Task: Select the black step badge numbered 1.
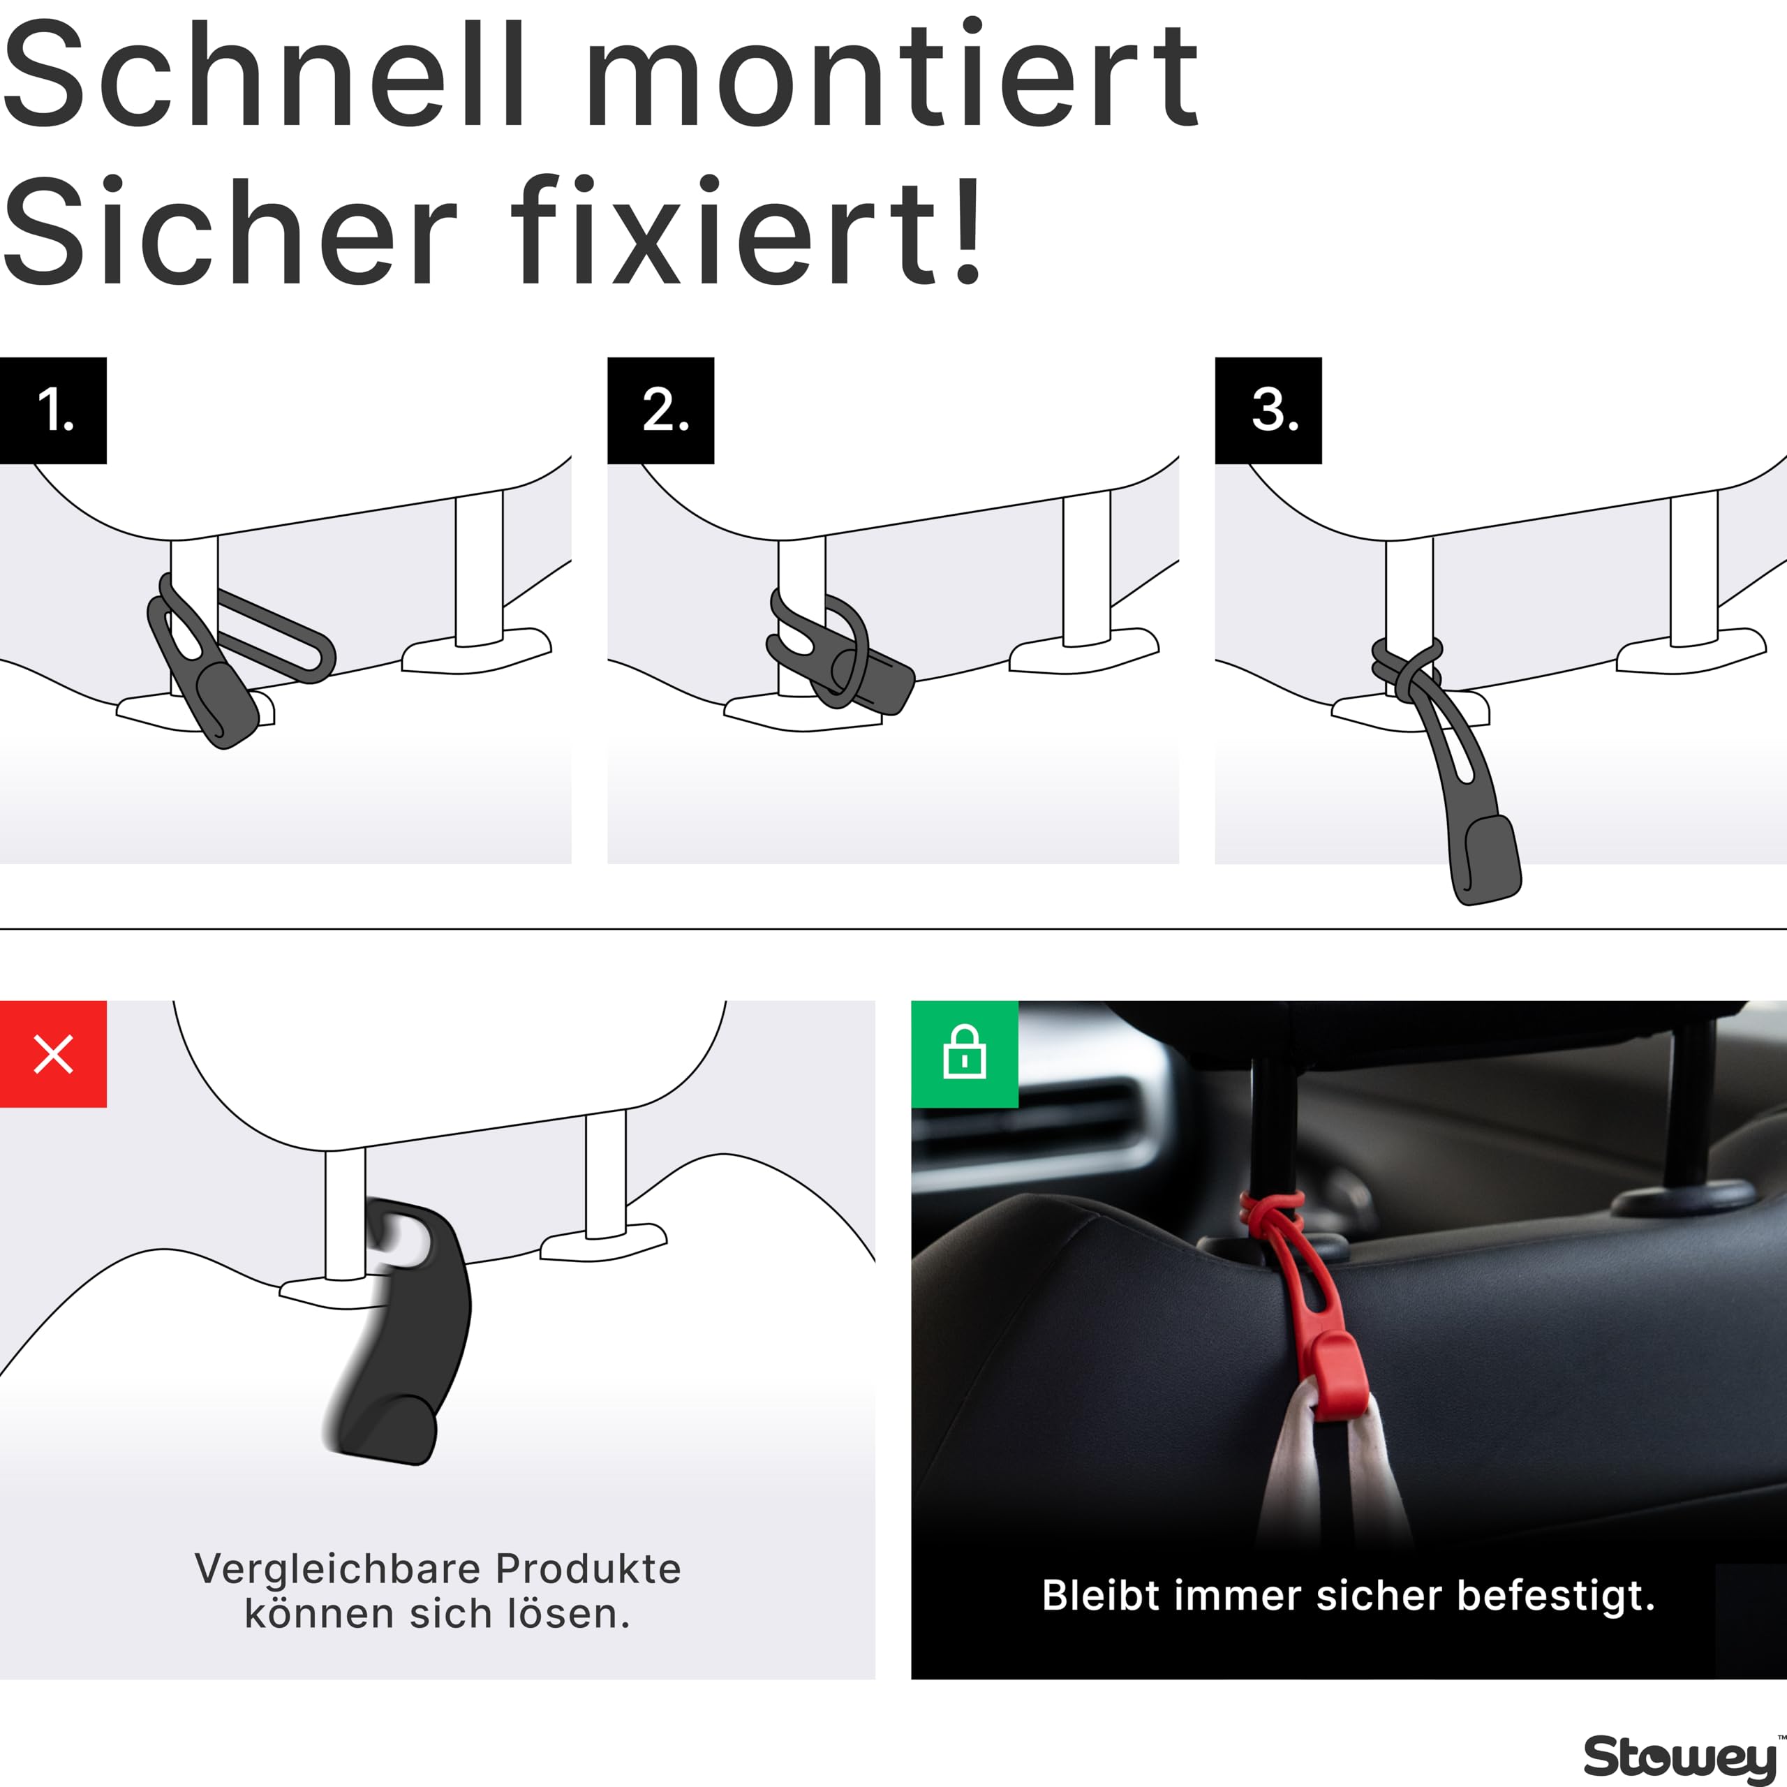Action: tap(53, 410)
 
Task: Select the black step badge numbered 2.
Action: tap(660, 410)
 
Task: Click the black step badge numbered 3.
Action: tap(1268, 410)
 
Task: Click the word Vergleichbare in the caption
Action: tap(338, 1569)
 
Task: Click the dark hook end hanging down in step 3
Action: tap(1485, 860)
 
